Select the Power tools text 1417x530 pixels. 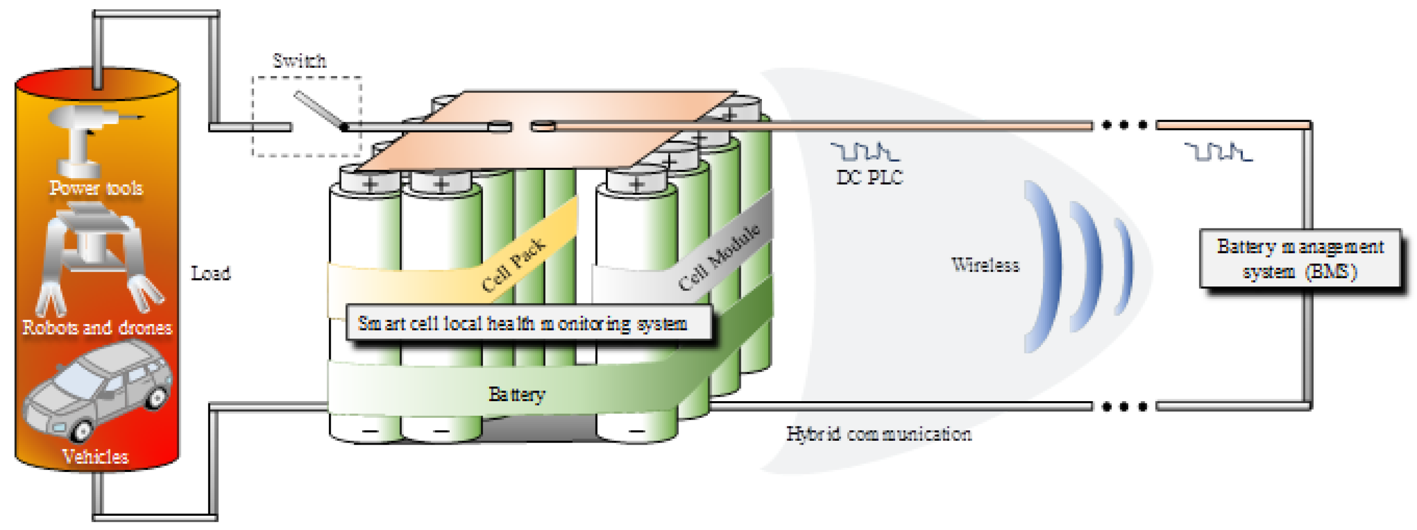96,188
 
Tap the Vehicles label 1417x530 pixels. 95,456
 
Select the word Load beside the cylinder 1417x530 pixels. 211,273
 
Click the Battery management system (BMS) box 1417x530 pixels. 1299,259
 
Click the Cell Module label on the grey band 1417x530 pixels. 718,258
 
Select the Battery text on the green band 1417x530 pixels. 517,394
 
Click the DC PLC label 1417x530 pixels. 869,177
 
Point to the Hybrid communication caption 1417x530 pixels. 878,434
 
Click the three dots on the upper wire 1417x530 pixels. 1124,125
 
